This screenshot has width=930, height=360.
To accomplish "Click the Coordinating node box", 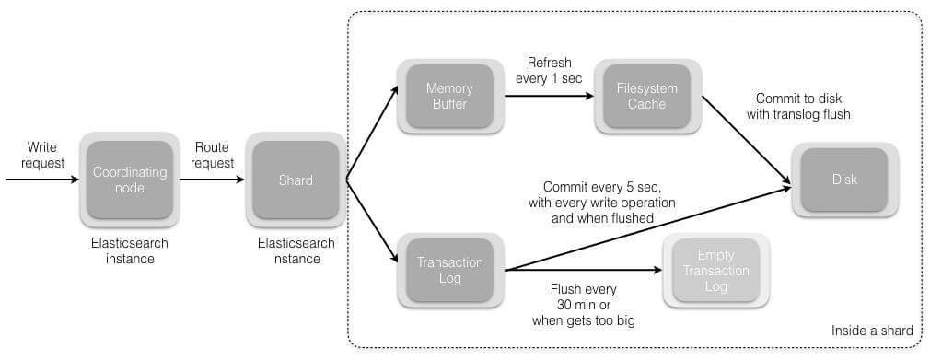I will point(130,180).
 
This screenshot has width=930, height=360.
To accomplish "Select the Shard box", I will point(296,180).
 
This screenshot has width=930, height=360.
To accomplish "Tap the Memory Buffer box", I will point(448,97).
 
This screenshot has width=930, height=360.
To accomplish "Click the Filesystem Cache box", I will point(645,97).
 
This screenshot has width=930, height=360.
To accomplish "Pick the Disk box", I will point(844,180).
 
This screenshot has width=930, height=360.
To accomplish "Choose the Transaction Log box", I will point(448,270).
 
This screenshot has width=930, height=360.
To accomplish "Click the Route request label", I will point(214,155).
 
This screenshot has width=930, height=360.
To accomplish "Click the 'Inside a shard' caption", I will point(871,331).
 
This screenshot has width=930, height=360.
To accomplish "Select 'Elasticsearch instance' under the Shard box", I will point(296,250).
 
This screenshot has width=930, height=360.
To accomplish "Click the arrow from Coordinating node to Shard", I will point(213,180).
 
